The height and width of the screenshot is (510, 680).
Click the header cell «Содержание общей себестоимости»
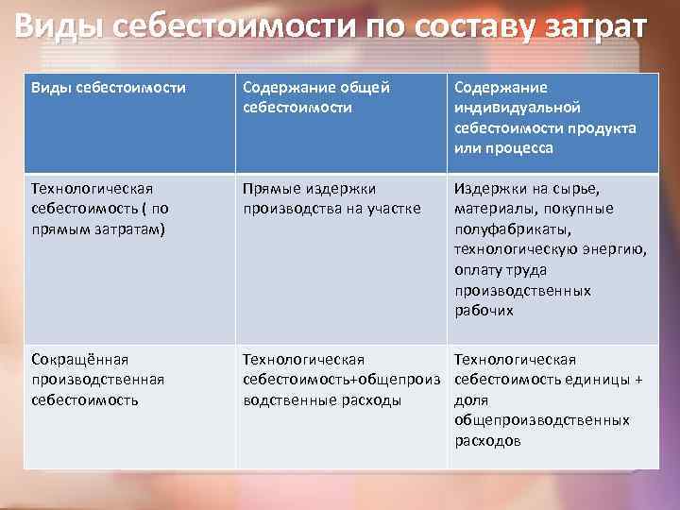[316, 97]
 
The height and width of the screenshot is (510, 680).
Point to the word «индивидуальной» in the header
[517, 108]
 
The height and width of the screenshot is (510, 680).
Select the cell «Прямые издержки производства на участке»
[331, 198]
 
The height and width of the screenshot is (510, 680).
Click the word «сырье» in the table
[563, 188]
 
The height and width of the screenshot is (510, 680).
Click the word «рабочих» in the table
[484, 311]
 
